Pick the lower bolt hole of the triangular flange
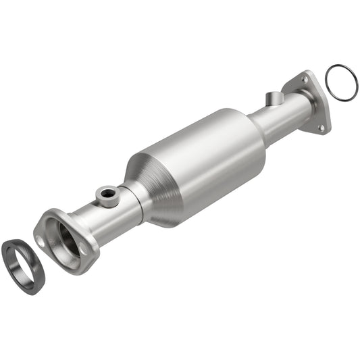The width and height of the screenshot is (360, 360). click(x=321, y=126)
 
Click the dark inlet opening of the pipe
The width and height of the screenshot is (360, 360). click(x=67, y=238)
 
